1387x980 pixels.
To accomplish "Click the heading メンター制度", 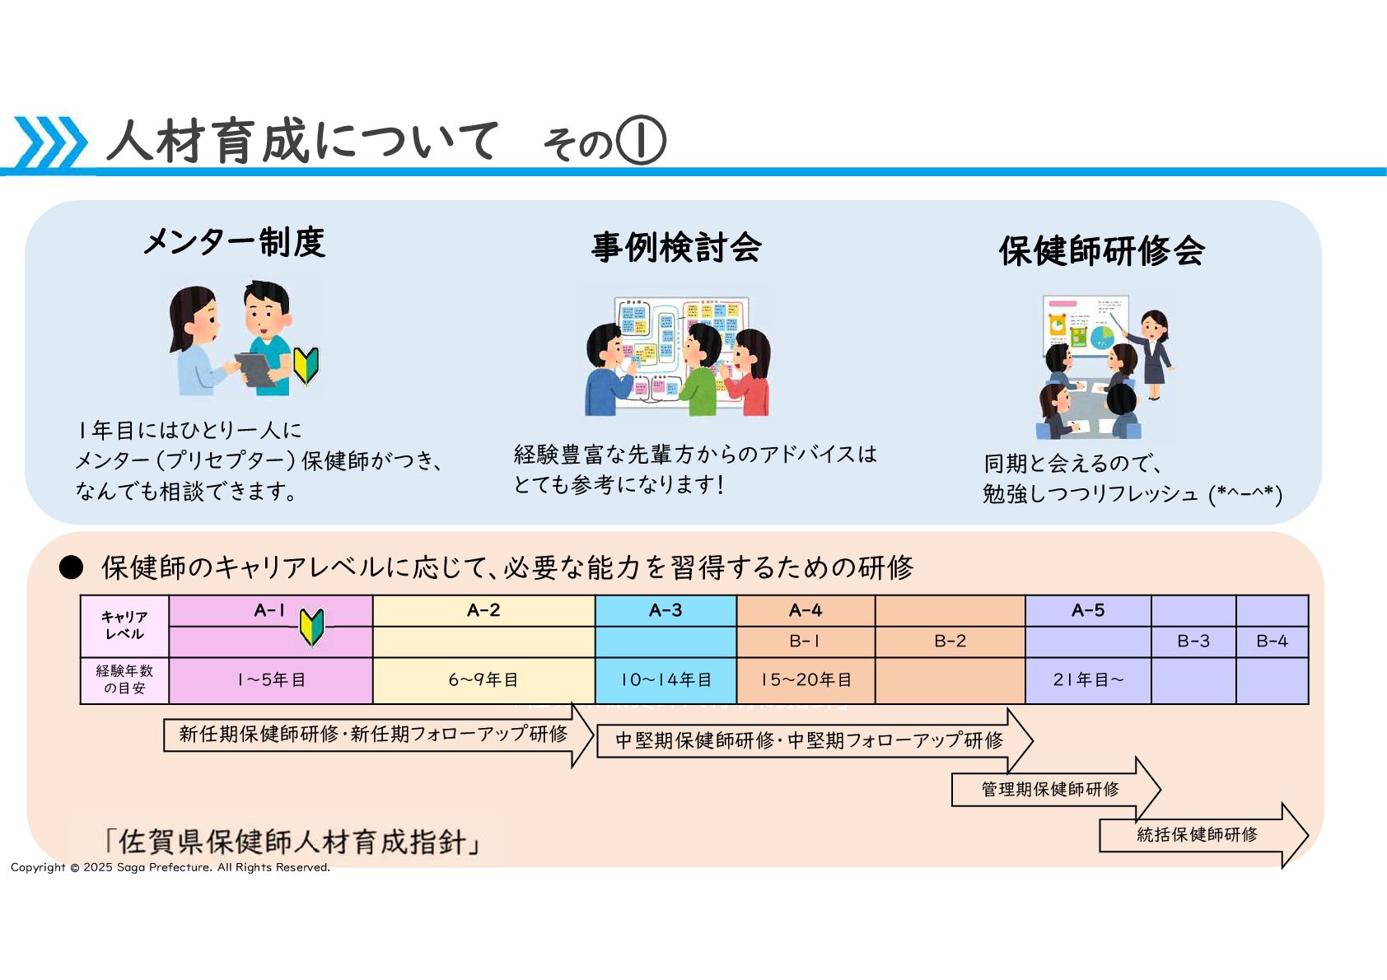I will tap(234, 242).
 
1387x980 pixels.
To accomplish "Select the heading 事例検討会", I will tap(676, 247).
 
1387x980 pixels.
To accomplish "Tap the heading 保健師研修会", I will tap(1101, 251).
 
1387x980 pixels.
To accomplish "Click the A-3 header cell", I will tap(665, 610).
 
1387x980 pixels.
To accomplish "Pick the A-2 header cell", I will tap(483, 610).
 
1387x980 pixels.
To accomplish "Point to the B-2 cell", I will tap(950, 642).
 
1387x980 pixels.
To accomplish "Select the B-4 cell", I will tap(1272, 642).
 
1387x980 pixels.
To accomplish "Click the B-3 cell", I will tap(1193, 642).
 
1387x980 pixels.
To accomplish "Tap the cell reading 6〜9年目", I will tap(483, 680).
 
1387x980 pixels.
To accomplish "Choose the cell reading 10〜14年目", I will tap(665, 680).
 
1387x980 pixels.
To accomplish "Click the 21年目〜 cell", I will tap(1087, 680).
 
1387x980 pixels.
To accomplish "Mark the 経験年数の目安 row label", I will tap(124, 680).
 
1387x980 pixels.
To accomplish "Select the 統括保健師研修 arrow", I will tap(1199, 835).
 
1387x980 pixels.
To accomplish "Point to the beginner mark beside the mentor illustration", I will tap(306, 365).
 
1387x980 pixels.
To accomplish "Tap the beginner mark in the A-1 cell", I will tap(311, 627).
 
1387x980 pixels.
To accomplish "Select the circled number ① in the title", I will tap(640, 142).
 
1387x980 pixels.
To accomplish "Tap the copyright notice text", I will tap(170, 867).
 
